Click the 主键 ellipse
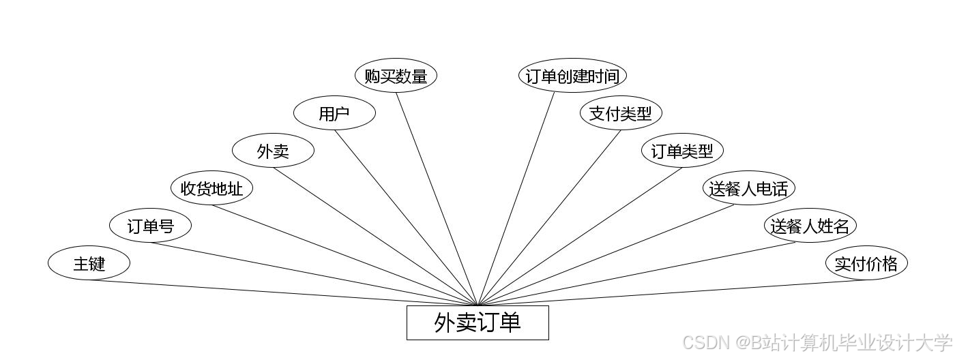point(89,263)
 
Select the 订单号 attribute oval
point(150,226)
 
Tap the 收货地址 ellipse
point(211,188)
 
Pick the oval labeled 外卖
point(273,151)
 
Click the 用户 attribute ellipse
point(334,113)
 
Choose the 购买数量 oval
point(396,76)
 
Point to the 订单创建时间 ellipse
point(572,76)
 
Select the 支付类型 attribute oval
point(621,113)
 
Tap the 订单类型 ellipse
point(682,151)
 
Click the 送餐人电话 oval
point(749,188)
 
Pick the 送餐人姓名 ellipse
point(810,226)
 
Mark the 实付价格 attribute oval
point(866,263)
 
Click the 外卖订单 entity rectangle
point(477,322)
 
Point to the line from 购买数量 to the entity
point(437,198)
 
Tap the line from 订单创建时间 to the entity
point(517,198)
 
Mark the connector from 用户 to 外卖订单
point(406,217)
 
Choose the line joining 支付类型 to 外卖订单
point(549,218)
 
